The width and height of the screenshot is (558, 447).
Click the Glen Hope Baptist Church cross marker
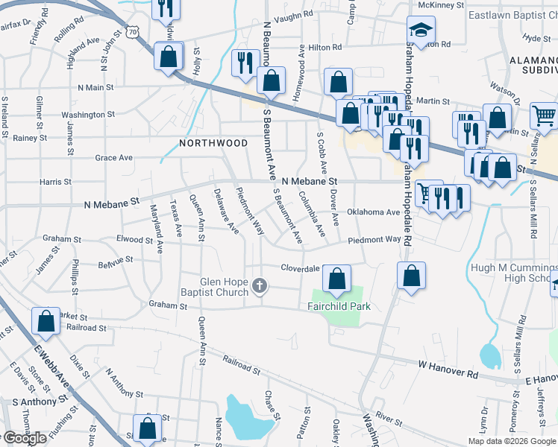260,286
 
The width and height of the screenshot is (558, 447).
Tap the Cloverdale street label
300,268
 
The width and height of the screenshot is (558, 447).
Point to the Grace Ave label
113,158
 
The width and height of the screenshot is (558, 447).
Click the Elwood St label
134,240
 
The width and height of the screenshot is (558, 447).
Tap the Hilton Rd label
325,47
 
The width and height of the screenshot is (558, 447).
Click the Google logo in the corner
24,438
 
